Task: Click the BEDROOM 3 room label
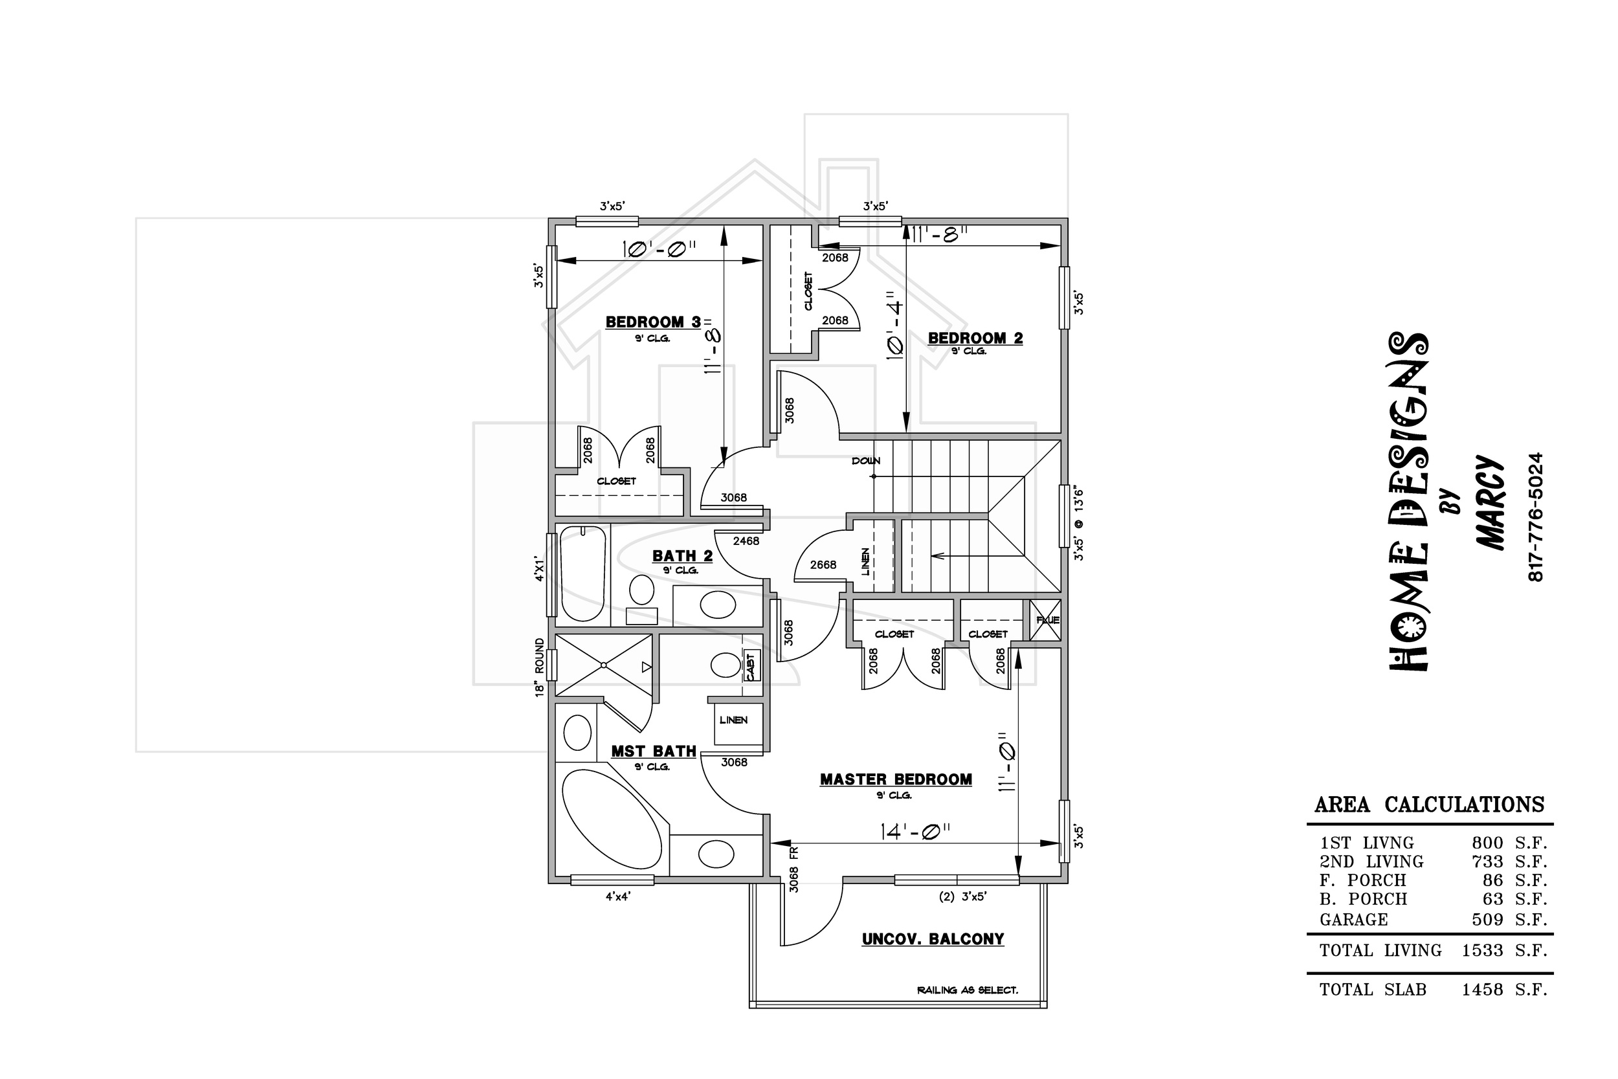[x=653, y=322]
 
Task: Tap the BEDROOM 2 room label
[x=975, y=338]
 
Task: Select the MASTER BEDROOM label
[x=896, y=780]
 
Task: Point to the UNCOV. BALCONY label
[x=933, y=939]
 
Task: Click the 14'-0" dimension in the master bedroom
[x=915, y=832]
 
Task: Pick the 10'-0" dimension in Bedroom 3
[x=659, y=249]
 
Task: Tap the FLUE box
[x=1046, y=620]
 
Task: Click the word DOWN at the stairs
[x=866, y=461]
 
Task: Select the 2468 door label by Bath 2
[x=746, y=541]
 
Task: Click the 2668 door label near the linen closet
[x=823, y=565]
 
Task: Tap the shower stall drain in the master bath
[x=603, y=665]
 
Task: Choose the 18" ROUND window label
[x=540, y=667]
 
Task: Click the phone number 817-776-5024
[x=1535, y=517]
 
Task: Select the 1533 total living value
[x=1483, y=950]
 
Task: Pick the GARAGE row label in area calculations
[x=1354, y=919]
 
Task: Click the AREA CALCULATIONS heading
[x=1430, y=805]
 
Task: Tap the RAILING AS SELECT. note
[x=967, y=990]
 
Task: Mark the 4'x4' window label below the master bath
[x=618, y=896]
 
